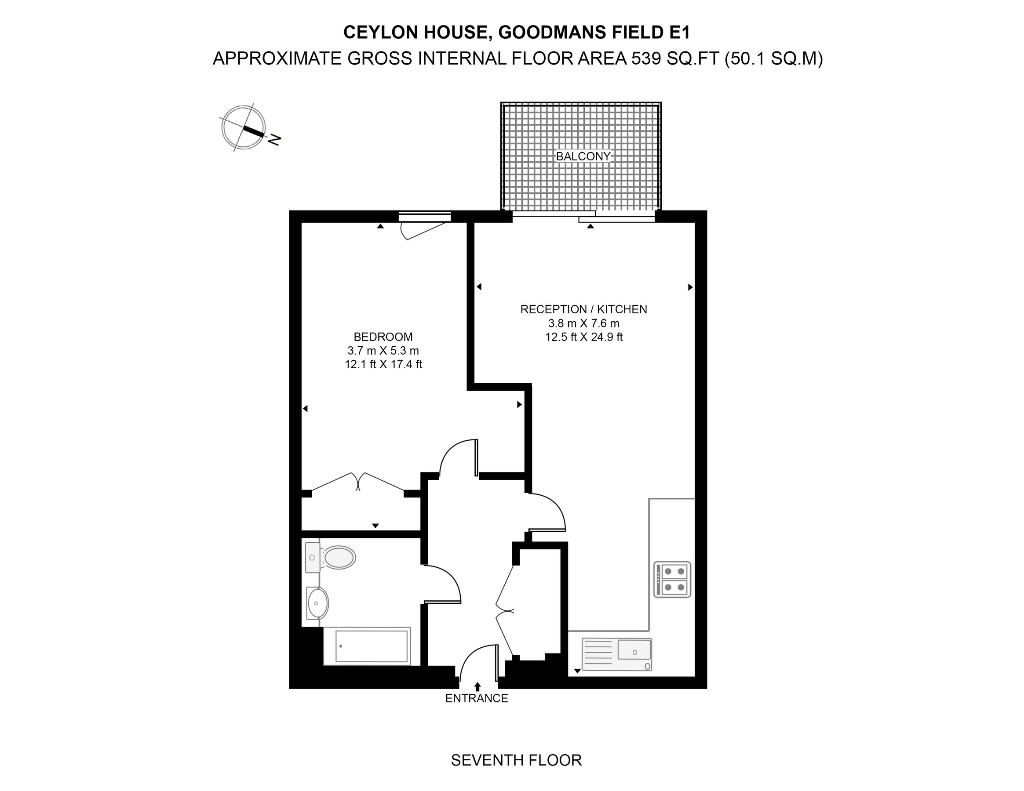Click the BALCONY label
point(583,156)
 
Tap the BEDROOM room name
point(383,337)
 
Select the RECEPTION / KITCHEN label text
point(583,309)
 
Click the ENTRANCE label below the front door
point(476,698)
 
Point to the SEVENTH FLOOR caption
point(516,760)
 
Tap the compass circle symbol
point(243,127)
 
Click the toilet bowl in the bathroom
point(339,558)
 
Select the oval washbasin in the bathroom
point(317,603)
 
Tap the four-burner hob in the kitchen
point(672,579)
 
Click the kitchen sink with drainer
point(616,654)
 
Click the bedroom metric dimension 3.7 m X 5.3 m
point(383,351)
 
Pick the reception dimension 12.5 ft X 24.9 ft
point(583,337)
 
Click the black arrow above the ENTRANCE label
point(477,686)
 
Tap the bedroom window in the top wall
point(424,217)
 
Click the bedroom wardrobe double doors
point(359,482)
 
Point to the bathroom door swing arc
point(445,581)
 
